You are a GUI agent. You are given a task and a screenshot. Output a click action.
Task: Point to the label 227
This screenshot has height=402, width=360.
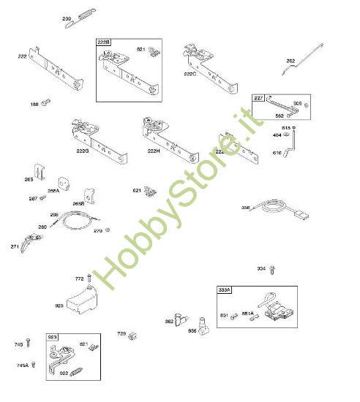(x=259, y=98)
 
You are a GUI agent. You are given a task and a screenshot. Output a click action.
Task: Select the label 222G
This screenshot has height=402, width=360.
(x=83, y=151)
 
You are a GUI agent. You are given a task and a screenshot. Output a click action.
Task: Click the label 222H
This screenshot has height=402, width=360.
(x=154, y=151)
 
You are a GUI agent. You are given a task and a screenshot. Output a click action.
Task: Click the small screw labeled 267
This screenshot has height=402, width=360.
(x=43, y=198)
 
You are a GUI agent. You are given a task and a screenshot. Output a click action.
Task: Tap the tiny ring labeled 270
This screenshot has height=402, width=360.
(x=108, y=230)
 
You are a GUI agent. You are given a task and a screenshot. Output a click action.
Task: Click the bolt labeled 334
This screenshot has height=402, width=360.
(x=273, y=268)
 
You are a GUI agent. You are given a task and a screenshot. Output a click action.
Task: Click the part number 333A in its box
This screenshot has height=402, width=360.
(x=225, y=290)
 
